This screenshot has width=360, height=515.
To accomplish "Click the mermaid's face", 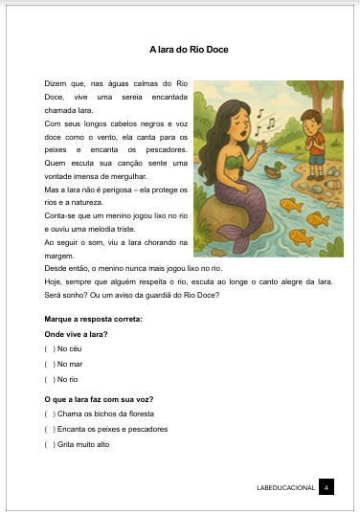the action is coord(241,125).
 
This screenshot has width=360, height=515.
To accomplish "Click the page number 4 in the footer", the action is coord(326,488).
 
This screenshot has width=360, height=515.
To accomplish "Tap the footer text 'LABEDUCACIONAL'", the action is coord(286,488).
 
